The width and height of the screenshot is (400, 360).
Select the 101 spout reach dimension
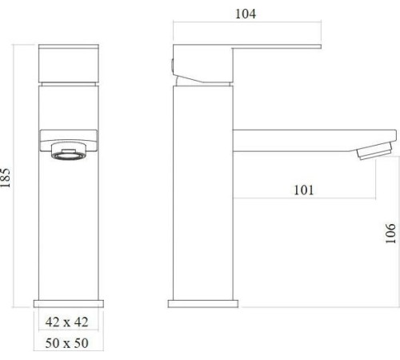point(302,190)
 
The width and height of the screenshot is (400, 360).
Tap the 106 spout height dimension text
point(389,232)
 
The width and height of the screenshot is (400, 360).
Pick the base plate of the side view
point(202,304)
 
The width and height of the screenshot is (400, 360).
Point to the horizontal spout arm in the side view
point(312,136)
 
